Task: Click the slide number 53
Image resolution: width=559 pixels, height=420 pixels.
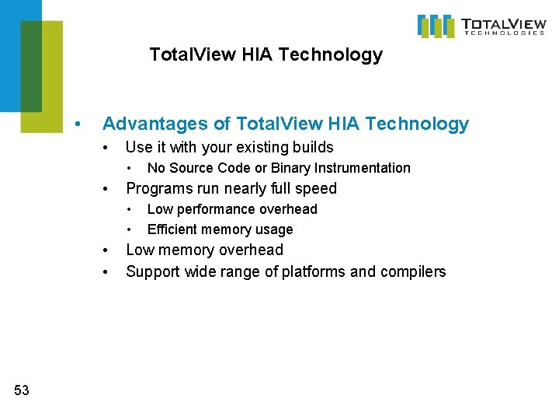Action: coord(22,390)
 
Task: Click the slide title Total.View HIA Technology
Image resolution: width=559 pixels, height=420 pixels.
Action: coord(266,54)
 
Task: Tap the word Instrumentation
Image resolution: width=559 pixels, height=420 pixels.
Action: coord(362,168)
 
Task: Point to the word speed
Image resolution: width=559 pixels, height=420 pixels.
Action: coord(316,188)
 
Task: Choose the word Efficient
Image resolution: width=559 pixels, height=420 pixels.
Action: coord(171,229)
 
